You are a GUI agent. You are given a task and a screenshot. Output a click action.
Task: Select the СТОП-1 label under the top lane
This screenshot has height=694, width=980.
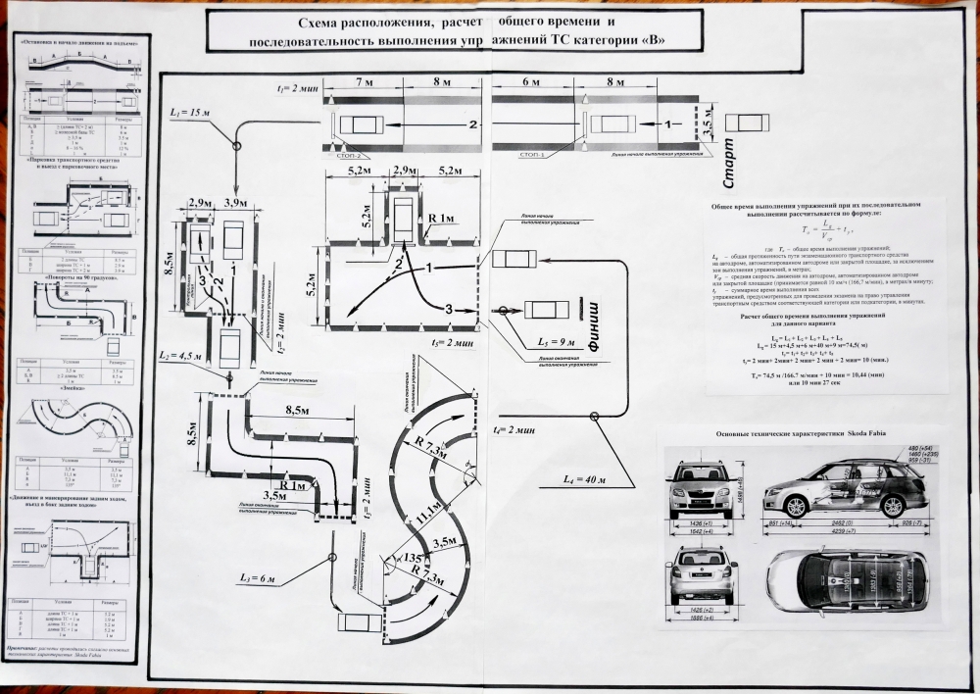point(533,155)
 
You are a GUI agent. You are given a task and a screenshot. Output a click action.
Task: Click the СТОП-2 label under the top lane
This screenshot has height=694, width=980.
point(350,156)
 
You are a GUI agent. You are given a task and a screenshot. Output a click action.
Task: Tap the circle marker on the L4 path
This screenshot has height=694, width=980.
point(594,416)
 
